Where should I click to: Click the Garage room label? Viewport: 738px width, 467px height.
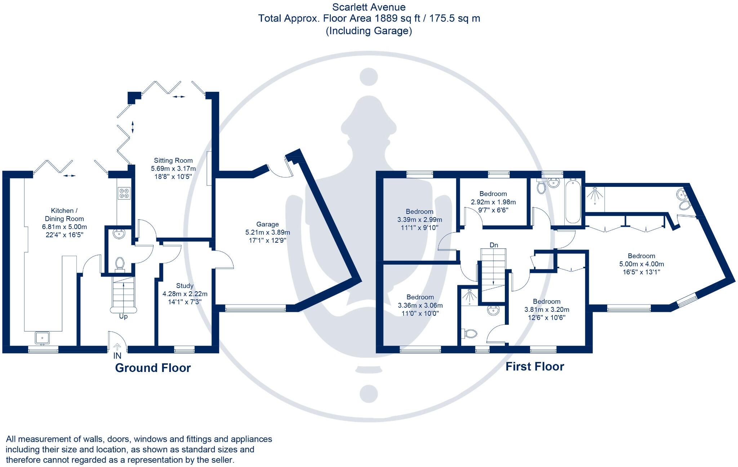[267, 224]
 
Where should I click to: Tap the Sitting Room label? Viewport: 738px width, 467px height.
[173, 161]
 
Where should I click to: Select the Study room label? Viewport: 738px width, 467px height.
[185, 286]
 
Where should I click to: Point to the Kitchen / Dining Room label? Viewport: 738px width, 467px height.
[64, 215]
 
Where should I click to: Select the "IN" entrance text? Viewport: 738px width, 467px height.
[117, 356]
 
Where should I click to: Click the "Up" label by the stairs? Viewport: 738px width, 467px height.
[123, 316]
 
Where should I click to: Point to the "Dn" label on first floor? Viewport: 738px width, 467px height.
[494, 245]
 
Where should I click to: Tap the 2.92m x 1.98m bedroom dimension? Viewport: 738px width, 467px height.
[493, 202]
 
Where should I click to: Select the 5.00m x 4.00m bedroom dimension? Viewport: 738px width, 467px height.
[641, 264]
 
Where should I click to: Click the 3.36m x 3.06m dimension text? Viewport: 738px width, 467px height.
[420, 305]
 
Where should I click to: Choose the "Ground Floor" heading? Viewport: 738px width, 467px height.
[153, 368]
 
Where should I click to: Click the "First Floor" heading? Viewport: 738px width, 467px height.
[535, 367]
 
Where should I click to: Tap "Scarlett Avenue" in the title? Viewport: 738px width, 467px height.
[369, 7]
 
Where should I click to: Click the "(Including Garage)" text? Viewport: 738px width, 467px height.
[369, 31]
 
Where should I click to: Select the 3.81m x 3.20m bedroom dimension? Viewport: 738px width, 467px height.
[547, 310]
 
